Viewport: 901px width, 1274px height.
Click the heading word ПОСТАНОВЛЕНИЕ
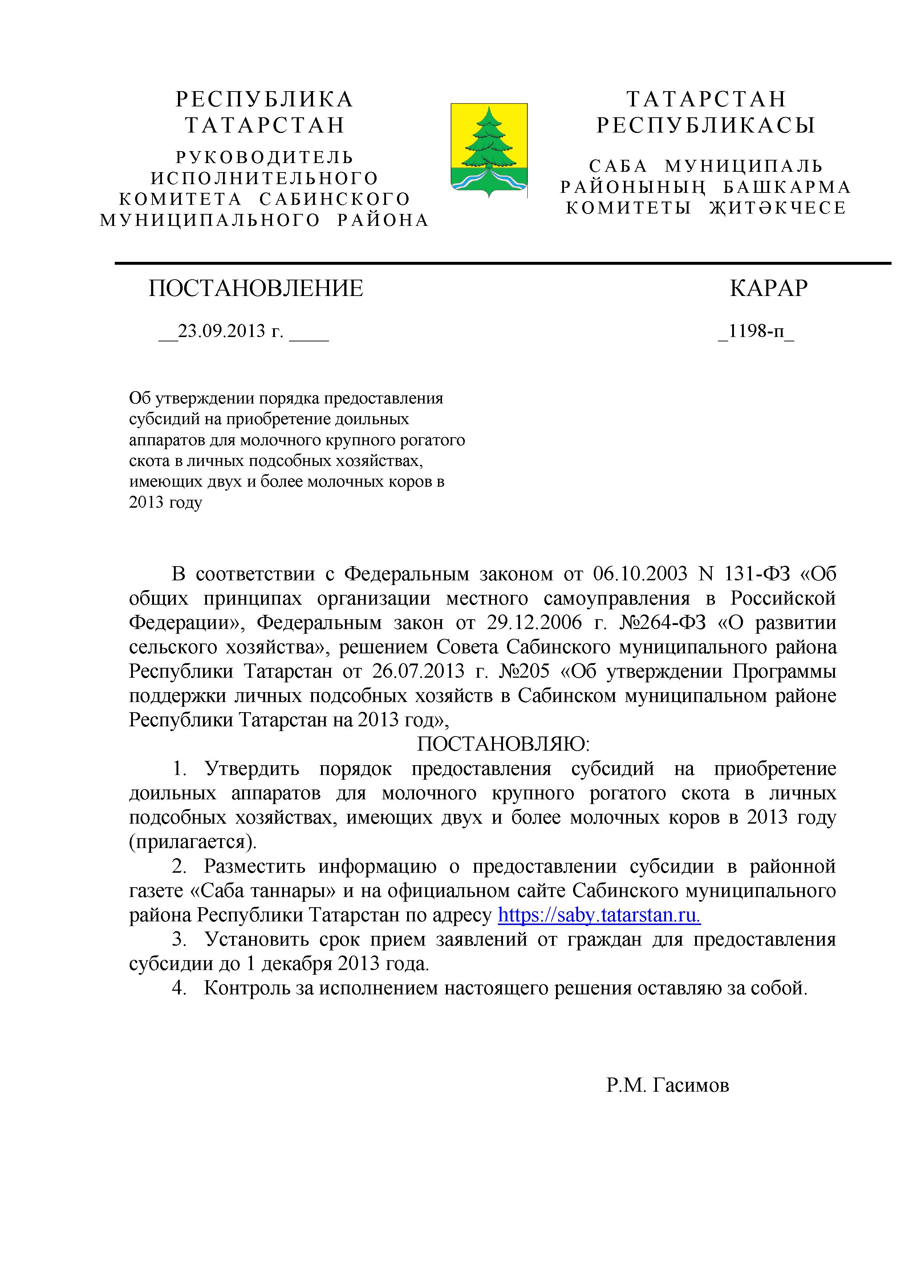pos(256,288)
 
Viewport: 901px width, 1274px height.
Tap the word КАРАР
pos(768,288)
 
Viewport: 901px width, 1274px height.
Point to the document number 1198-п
pos(756,331)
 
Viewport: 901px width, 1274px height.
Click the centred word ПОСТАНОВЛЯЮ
pos(503,744)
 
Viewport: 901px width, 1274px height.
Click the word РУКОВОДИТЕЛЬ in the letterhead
pos(265,158)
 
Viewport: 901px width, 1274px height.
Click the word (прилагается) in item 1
pos(193,842)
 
